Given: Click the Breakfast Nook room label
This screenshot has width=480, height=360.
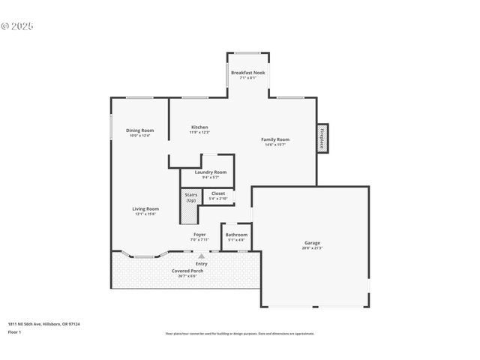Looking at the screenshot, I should (247, 73).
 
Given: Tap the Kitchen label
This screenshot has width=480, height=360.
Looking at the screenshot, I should (199, 127).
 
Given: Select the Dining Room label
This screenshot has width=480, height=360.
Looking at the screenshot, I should (139, 130).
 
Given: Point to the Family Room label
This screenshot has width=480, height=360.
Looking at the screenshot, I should (275, 139).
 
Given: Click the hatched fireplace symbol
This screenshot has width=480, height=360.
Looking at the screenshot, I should (322, 139).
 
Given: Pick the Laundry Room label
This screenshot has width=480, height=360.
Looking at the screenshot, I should (210, 172).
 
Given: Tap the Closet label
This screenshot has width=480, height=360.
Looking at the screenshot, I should (218, 193).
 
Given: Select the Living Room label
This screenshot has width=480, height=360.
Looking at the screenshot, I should (145, 208).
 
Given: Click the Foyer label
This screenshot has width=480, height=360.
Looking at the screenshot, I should (199, 235).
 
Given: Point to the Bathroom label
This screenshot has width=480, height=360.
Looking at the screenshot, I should (236, 235).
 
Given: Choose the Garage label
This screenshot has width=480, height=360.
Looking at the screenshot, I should (312, 243).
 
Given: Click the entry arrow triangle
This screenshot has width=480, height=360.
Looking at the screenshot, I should (201, 256).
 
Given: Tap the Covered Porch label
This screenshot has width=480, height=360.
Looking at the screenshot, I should (187, 270).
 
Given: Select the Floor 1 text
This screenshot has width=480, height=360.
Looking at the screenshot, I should (14, 331).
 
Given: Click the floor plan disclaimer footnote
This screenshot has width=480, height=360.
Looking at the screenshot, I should (239, 334).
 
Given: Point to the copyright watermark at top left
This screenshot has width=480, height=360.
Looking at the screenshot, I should (17, 26).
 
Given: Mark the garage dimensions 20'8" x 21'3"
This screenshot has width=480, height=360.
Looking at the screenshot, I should (312, 248).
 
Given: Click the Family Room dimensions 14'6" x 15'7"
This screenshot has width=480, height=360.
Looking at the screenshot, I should (275, 145).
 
